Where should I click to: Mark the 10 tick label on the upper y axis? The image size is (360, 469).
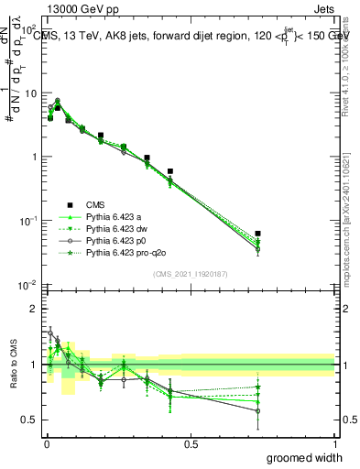point(30,93)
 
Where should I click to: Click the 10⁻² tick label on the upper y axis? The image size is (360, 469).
point(28,285)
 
